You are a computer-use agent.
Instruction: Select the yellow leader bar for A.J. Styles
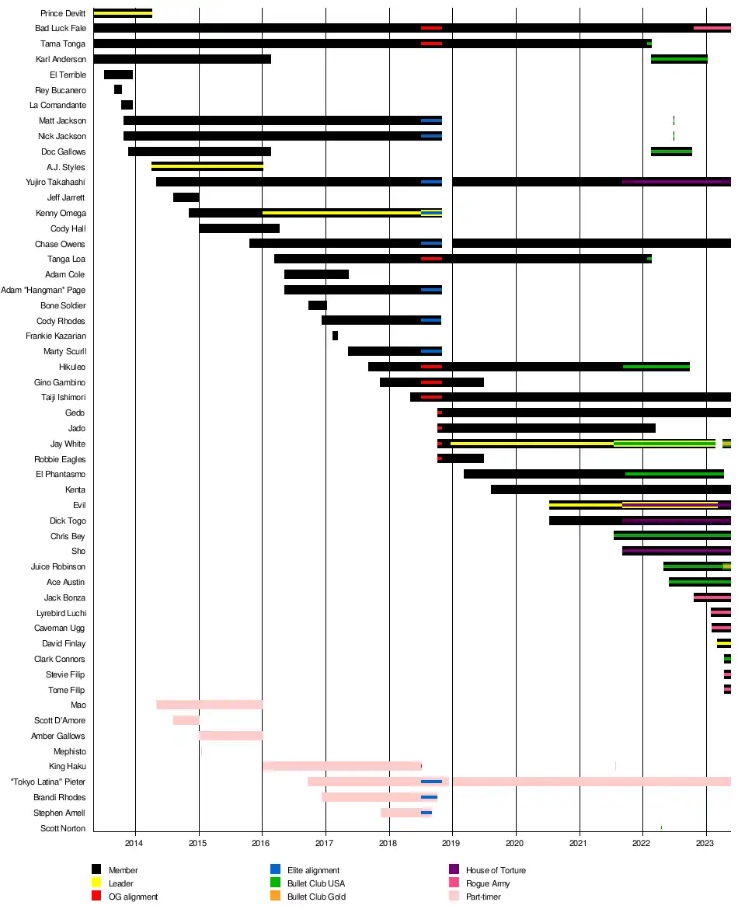(x=207, y=166)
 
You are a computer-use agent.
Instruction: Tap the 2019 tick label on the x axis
(x=452, y=843)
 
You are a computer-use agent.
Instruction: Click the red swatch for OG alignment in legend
(x=96, y=897)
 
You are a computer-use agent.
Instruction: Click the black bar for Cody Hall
(x=238, y=228)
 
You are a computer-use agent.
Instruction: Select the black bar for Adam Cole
(x=316, y=274)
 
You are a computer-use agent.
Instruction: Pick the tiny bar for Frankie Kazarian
(x=335, y=336)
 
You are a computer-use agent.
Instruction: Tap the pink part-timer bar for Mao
(x=210, y=705)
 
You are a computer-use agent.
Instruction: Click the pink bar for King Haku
(x=342, y=766)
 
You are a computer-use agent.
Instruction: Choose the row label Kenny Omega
(x=61, y=213)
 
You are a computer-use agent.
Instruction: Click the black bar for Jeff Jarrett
(x=186, y=197)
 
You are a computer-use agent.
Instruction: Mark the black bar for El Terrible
(x=118, y=75)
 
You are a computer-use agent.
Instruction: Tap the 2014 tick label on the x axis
(x=135, y=843)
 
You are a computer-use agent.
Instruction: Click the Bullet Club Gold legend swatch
(x=275, y=897)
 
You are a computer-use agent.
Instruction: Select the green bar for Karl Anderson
(x=679, y=59)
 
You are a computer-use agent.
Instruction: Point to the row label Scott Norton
(x=63, y=828)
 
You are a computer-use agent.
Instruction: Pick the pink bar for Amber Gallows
(x=231, y=736)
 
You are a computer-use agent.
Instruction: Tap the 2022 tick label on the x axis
(x=642, y=843)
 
